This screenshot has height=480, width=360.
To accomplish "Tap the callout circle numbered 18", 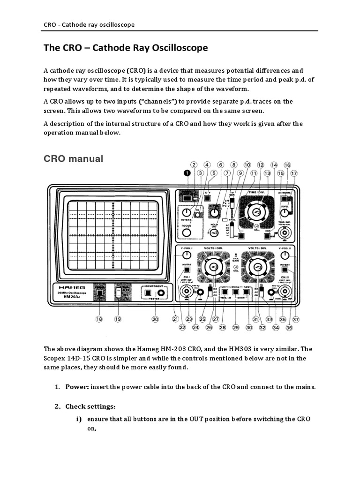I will coord(99,319).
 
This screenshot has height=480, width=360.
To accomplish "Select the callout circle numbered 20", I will coord(155,319).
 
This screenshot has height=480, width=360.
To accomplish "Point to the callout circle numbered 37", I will coord(296,319).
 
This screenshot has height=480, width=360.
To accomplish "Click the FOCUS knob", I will coord(187,232).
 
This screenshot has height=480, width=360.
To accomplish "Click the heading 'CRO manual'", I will coord(73,158).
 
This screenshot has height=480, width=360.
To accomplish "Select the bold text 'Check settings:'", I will coord(90,406).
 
